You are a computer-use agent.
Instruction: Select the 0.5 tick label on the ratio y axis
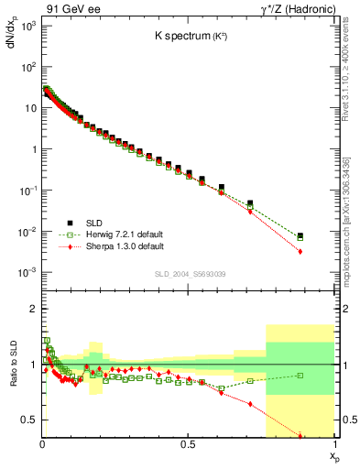pos(27,420)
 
